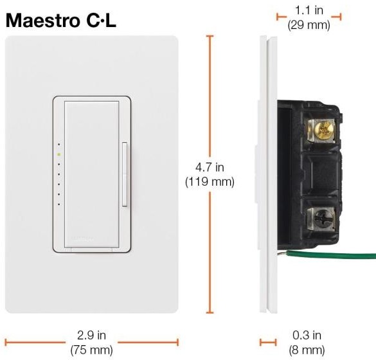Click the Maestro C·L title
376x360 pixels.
(61, 21)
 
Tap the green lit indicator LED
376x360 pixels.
(58, 154)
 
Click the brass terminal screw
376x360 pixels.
(322, 130)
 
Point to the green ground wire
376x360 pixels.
(326, 257)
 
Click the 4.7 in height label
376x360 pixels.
(210, 167)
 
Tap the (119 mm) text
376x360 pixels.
(210, 182)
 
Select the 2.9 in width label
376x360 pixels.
(91, 335)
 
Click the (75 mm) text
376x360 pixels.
(91, 350)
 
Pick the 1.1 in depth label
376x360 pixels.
(309, 10)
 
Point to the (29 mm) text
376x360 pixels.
(309, 25)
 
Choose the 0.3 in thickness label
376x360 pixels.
(307, 335)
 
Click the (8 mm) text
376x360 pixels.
(307, 350)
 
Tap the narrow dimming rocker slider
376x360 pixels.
(125, 174)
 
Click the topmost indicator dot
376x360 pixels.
(58, 145)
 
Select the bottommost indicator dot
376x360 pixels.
(58, 204)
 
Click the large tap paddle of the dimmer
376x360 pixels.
(92, 174)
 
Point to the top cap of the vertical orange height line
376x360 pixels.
(210, 36)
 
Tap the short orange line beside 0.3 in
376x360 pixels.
(268, 342)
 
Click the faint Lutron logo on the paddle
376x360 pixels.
(82, 239)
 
